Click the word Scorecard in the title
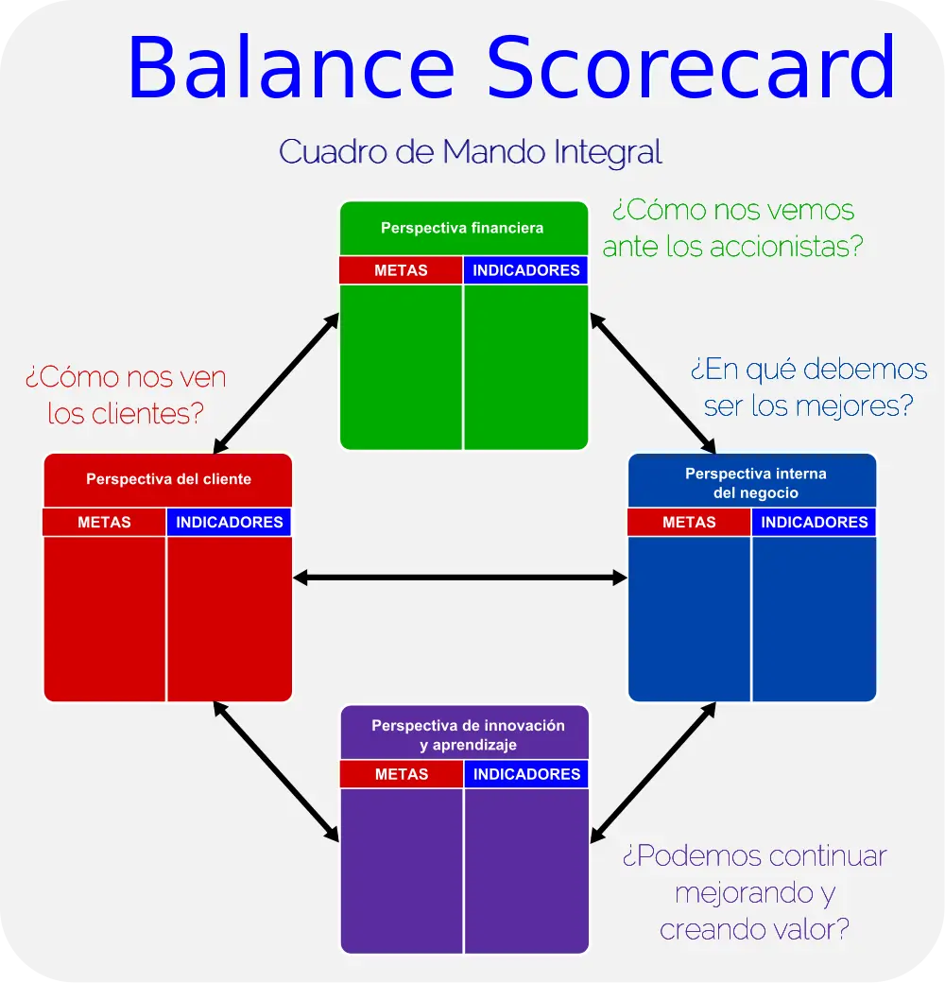(691, 67)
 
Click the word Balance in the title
(291, 67)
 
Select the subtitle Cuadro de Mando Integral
(470, 152)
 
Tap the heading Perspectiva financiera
(462, 228)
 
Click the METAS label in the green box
(401, 270)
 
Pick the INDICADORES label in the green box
(526, 270)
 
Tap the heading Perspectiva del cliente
(168, 479)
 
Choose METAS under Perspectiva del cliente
(104, 522)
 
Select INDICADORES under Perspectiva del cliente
(230, 522)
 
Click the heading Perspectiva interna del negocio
(756, 483)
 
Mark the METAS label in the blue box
(689, 522)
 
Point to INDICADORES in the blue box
(815, 522)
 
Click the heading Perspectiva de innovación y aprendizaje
(468, 734)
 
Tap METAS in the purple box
(402, 774)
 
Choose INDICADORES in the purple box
(527, 774)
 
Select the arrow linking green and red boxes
(276, 383)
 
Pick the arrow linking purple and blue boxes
(653, 772)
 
